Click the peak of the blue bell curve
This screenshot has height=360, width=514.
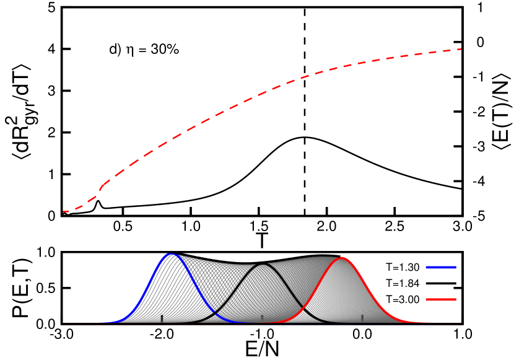click(172, 254)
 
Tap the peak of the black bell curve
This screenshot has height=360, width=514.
click(263, 265)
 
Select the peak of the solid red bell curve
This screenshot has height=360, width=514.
click(341, 258)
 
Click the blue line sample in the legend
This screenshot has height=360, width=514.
click(441, 267)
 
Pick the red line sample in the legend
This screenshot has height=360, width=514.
click(441, 299)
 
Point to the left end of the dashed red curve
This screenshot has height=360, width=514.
click(64, 212)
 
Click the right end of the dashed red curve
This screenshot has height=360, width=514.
click(461, 49)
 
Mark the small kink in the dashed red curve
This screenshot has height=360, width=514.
click(101, 186)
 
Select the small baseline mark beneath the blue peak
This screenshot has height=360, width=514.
click(162, 318)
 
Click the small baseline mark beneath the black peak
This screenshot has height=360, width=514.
click(263, 318)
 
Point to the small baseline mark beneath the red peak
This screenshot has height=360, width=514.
click(362, 318)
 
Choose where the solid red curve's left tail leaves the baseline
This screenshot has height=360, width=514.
click(276, 322)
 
